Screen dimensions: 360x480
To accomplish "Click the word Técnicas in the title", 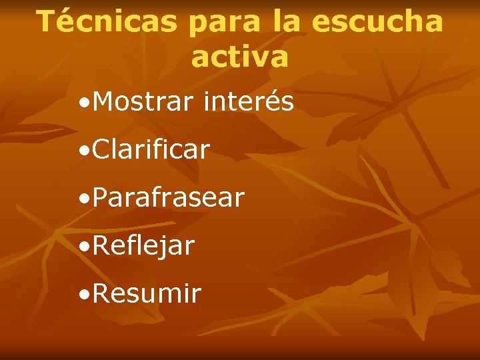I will [106, 22].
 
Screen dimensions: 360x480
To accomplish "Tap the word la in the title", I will [287, 22].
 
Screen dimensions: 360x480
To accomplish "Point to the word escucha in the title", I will [377, 22].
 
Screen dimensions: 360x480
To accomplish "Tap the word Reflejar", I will [144, 246].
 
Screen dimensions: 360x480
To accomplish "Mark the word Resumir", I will [147, 294].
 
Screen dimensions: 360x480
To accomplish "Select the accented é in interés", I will [270, 103].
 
